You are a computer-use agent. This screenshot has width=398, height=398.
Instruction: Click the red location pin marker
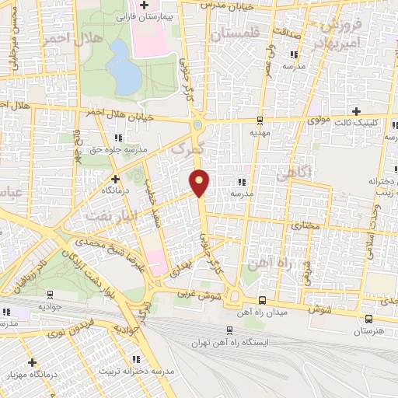(x=201, y=181)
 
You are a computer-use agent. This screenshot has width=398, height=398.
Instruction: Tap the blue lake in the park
(x=121, y=65)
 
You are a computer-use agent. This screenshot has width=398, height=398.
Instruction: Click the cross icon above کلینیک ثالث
(x=357, y=112)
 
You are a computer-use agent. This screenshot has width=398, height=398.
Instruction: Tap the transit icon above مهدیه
(x=259, y=120)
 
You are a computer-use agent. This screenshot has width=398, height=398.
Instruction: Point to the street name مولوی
(x=298, y=120)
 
